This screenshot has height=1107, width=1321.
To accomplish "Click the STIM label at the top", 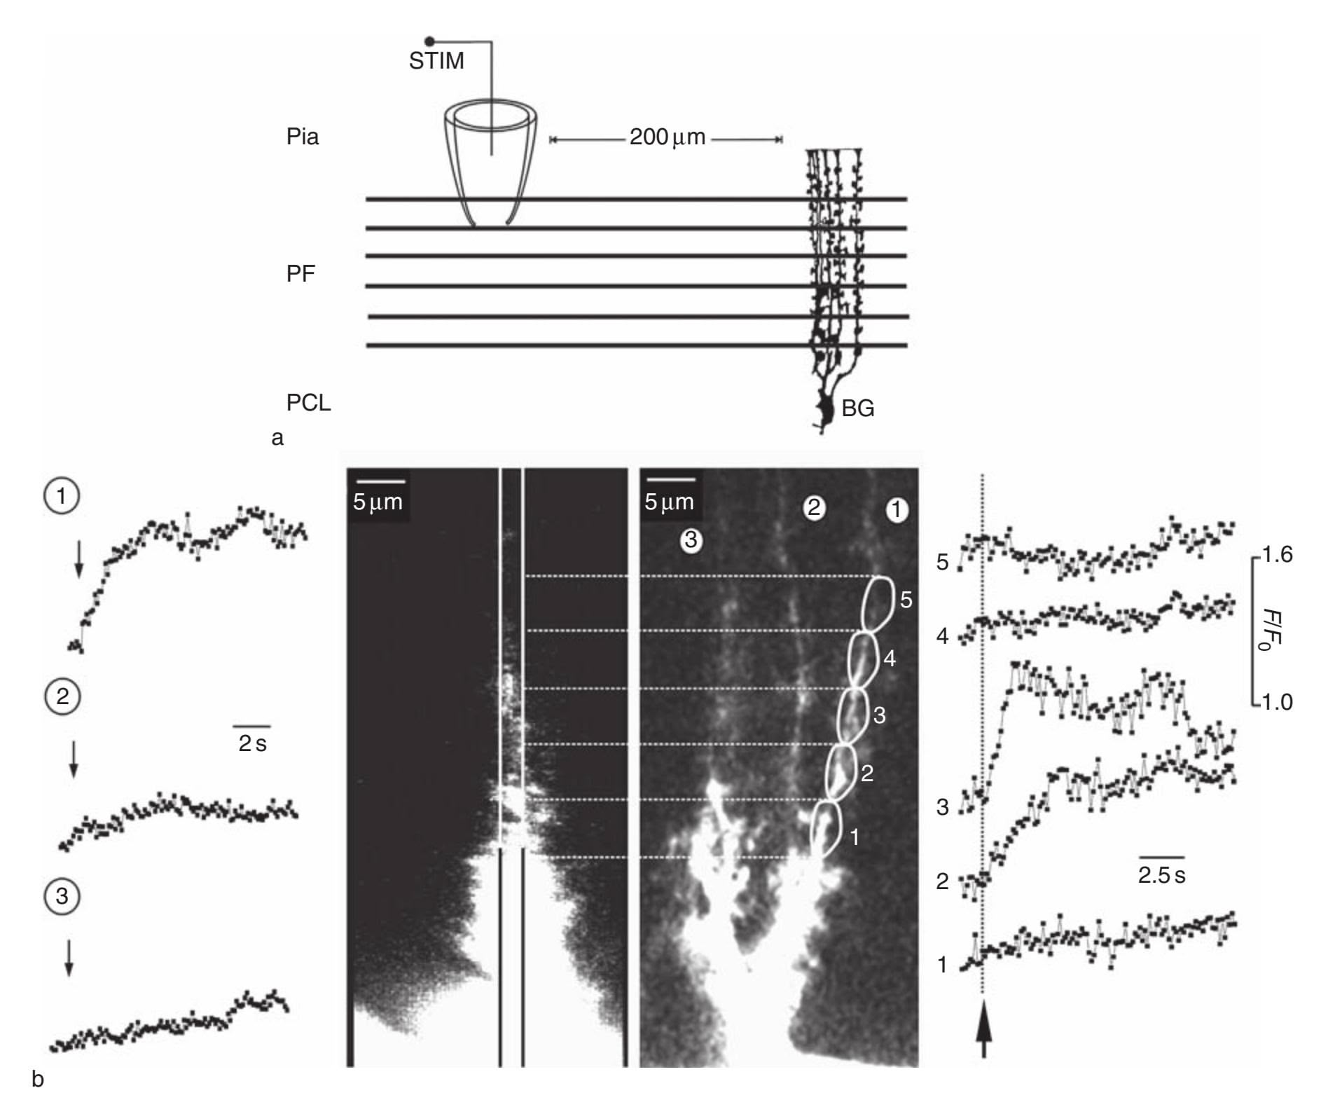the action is point(436,61).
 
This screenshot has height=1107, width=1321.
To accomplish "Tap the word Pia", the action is point(303,136).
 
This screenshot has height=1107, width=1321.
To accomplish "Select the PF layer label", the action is point(300,274).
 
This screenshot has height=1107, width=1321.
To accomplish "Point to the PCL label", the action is point(308,403).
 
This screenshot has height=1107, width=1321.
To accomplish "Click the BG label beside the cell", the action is point(858,408).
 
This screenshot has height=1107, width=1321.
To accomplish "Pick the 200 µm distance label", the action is point(668,137).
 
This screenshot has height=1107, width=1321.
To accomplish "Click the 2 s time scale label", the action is point(252,743).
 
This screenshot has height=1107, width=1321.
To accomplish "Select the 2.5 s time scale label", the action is point(1161,875).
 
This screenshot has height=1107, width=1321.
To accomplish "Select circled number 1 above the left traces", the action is point(62,496).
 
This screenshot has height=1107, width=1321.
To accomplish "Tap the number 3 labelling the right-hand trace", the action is point(943,807).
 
